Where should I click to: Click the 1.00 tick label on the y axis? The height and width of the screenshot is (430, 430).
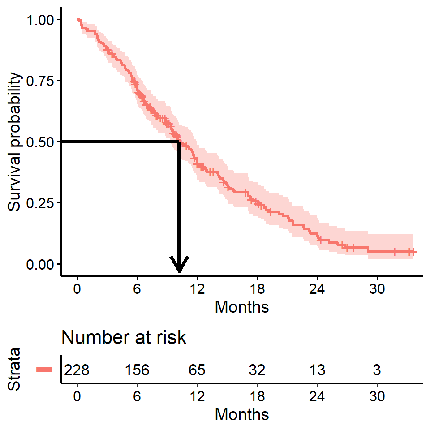tap(41, 20)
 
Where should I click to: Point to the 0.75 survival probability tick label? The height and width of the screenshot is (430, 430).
tap(41, 81)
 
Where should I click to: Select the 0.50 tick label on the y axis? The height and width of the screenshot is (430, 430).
tap(41, 142)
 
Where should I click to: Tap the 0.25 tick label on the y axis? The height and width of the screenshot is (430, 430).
tap(41, 203)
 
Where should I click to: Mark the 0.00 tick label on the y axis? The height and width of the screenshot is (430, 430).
tap(41, 264)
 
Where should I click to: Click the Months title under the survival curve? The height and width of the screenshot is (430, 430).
tap(242, 307)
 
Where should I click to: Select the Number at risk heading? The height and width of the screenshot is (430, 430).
tap(124, 338)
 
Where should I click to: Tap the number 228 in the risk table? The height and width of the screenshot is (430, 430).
tap(77, 370)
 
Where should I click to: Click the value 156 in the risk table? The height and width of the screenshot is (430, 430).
tap(137, 370)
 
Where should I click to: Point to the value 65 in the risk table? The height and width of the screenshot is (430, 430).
tap(197, 370)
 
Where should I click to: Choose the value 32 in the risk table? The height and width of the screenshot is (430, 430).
tap(257, 370)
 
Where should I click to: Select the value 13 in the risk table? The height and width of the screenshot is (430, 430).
tap(317, 370)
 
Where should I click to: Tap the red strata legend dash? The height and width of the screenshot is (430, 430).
tap(45, 370)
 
